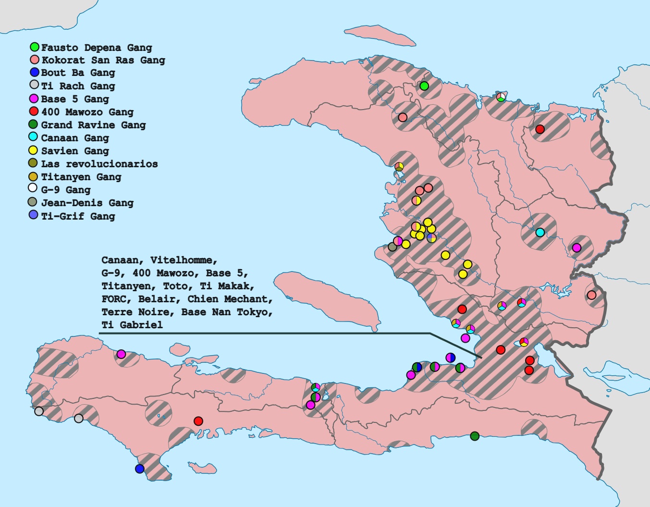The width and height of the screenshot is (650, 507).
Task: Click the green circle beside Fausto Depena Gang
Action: tap(35, 47)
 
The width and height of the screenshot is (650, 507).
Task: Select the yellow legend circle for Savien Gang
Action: tap(34, 150)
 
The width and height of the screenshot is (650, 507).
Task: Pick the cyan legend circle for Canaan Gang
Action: tap(33, 137)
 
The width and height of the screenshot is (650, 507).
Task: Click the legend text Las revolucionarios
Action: tap(99, 164)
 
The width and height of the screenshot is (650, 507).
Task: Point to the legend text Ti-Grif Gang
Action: tap(78, 216)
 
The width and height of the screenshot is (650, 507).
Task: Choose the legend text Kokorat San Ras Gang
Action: tap(103, 60)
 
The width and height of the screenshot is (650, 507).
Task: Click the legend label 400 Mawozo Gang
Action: tap(87, 112)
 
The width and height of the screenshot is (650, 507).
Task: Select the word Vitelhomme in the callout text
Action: tap(184, 260)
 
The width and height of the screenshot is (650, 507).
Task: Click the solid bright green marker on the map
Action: tap(424, 86)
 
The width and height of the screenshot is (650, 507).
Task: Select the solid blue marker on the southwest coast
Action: tap(140, 469)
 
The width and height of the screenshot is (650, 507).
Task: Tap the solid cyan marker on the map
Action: tap(540, 233)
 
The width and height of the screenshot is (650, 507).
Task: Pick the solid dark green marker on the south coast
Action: tap(475, 436)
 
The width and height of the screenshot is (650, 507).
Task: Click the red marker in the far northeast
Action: tap(540, 129)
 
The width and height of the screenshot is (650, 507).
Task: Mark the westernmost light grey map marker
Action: tap(39, 411)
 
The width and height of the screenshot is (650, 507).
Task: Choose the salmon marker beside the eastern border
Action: tap(592, 295)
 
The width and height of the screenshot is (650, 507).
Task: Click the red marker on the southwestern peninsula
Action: tap(198, 421)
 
